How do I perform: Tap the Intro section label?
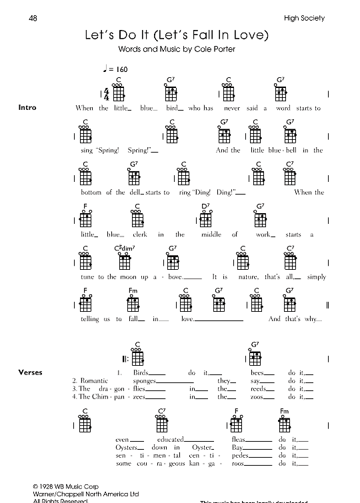(x=28, y=108)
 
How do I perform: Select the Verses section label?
(x=31, y=372)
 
